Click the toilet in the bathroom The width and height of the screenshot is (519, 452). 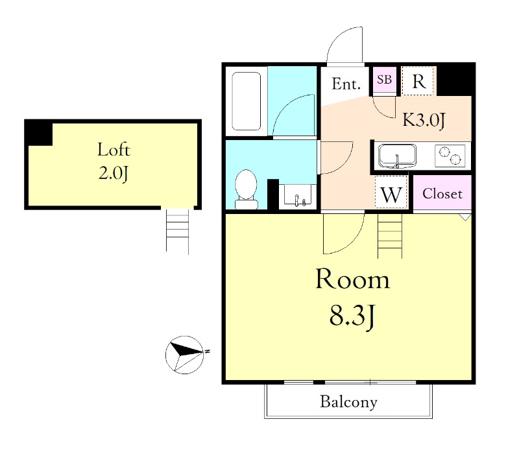(247, 189)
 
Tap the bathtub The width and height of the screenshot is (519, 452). (247, 101)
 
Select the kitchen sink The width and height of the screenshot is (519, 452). (397, 156)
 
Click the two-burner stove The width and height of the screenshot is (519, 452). (450, 156)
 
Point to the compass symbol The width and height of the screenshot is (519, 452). (185, 355)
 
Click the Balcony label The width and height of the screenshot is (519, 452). (348, 402)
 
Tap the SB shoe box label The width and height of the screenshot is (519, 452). (384, 79)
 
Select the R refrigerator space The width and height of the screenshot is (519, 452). (418, 81)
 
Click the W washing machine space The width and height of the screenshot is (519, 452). (391, 192)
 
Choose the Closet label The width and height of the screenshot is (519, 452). (442, 193)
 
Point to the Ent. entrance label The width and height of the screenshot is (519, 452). (346, 84)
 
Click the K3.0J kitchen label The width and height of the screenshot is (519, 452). (424, 120)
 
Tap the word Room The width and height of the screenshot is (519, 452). (353, 280)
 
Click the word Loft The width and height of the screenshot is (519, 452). (114, 150)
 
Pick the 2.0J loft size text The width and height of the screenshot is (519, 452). (113, 173)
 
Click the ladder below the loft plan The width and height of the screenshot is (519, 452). (177, 232)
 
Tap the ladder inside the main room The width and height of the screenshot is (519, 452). (390, 236)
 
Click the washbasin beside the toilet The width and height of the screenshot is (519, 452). (298, 196)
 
